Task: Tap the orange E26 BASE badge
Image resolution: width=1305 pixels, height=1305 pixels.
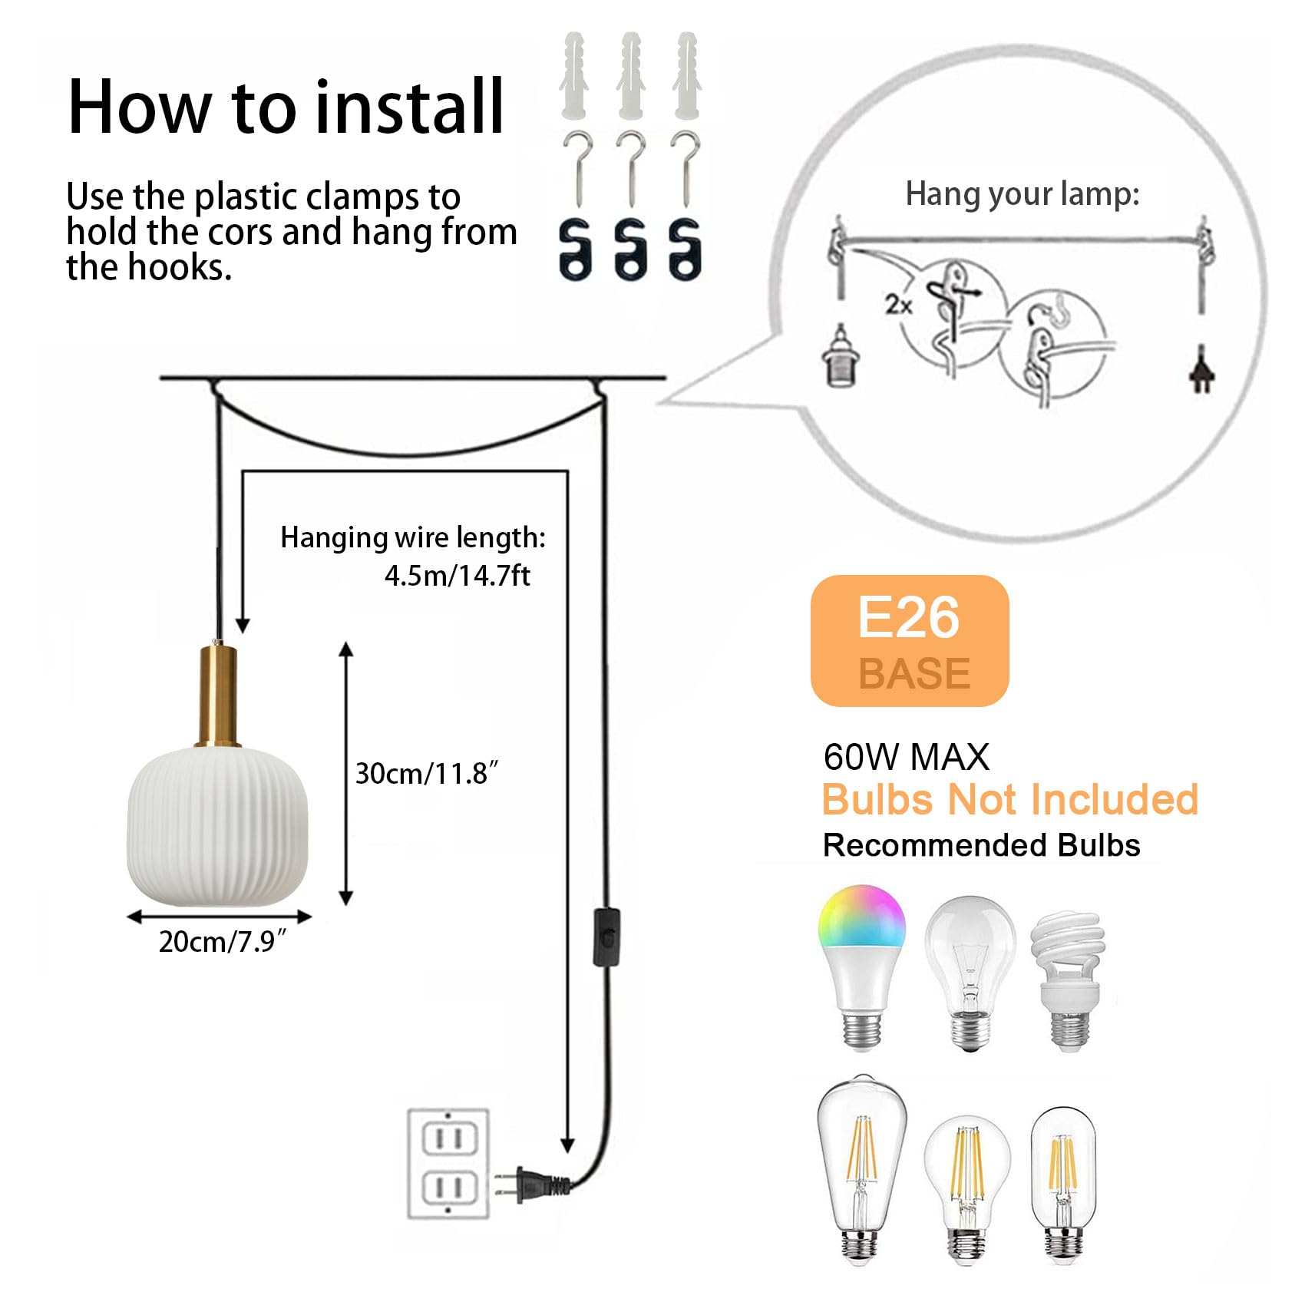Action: coord(910,640)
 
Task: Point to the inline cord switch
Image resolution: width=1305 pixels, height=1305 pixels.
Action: coord(606,937)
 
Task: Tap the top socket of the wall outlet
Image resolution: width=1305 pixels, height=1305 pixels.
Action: coord(449,1137)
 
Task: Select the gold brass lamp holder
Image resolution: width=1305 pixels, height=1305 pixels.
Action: coord(218,695)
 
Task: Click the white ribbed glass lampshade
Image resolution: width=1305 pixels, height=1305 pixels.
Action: coord(217,825)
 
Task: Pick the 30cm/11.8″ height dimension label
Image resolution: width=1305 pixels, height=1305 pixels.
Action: coord(427,773)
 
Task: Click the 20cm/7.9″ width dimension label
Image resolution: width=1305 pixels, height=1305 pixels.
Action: coord(223,941)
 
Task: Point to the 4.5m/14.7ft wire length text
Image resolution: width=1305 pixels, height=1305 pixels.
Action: coord(458,576)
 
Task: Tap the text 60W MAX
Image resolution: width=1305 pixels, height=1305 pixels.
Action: coord(906,757)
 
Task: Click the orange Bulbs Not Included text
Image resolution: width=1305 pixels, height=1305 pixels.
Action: coord(1010,800)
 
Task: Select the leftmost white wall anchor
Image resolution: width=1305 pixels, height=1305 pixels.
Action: coord(574,75)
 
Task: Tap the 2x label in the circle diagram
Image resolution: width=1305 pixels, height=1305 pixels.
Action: coord(898,305)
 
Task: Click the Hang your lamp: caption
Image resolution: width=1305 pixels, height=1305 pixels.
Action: coord(1023,194)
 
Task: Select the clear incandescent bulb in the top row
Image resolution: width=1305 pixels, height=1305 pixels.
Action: coord(970,973)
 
